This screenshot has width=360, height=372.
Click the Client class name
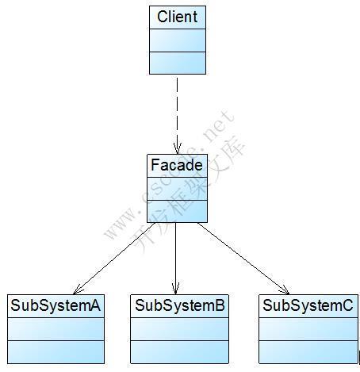click(x=177, y=17)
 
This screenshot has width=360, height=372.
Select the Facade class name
click(x=177, y=166)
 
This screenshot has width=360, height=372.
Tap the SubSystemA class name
click(x=56, y=305)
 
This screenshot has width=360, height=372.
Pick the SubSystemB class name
click(x=180, y=305)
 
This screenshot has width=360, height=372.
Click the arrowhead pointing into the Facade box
click(x=178, y=148)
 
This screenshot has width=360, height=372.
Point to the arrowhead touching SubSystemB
click(x=176, y=288)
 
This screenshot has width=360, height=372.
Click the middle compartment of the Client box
click(x=177, y=40)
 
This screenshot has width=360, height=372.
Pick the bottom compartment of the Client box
click(x=177, y=63)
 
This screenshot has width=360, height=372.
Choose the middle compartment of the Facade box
click(x=177, y=189)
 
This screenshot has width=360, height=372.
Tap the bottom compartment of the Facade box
click(x=177, y=212)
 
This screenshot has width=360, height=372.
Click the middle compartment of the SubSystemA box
click(x=56, y=328)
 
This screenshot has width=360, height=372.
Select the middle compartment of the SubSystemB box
click(x=180, y=328)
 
